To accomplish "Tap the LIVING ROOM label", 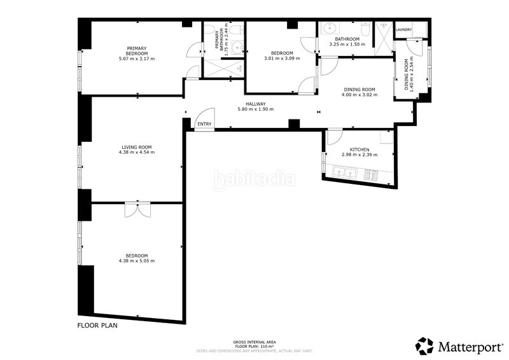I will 137,147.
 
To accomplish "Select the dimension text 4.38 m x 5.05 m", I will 137,261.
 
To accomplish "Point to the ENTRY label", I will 204,124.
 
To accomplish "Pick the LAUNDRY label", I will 403,30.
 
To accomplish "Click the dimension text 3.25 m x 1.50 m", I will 347,45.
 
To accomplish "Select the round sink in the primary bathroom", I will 236,46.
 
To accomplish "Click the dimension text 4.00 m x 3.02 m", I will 359,95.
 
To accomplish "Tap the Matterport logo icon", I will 425,345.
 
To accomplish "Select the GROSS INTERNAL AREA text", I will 254,342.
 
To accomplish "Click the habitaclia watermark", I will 254,180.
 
